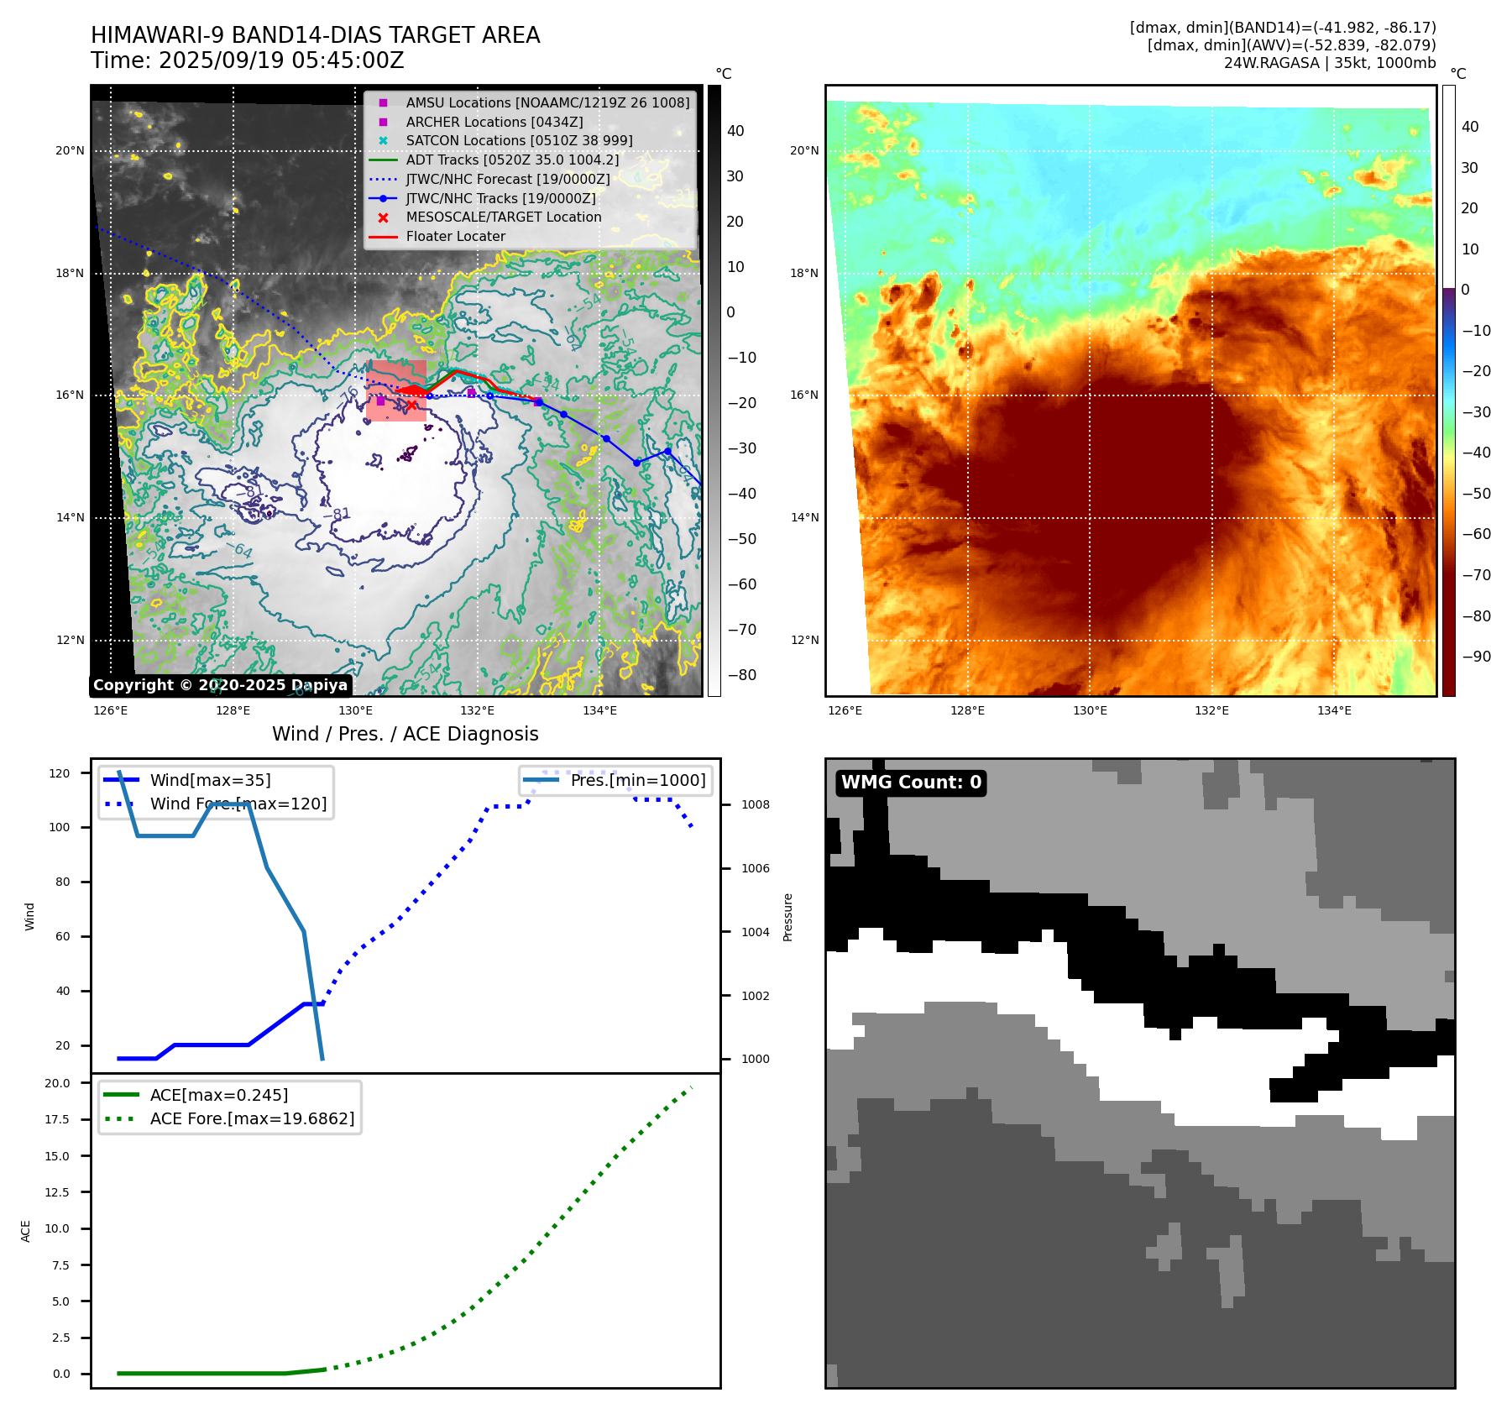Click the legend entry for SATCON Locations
[x=519, y=140]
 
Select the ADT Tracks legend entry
[x=512, y=160]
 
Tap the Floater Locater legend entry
[x=455, y=237]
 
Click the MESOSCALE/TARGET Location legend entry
[x=504, y=217]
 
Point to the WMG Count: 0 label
[x=911, y=783]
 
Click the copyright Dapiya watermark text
[x=220, y=685]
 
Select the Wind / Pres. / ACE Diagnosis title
[x=405, y=734]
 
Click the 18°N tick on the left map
[x=70, y=274]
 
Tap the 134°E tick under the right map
[x=1334, y=711]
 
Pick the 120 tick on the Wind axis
[x=60, y=773]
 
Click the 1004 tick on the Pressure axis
[x=755, y=932]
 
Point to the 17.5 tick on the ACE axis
[x=57, y=1119]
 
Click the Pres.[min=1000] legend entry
[x=637, y=781]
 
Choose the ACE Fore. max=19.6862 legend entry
[x=252, y=1119]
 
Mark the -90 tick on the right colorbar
[x=1476, y=657]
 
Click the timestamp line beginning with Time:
[x=248, y=61]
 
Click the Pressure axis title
[x=787, y=917]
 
